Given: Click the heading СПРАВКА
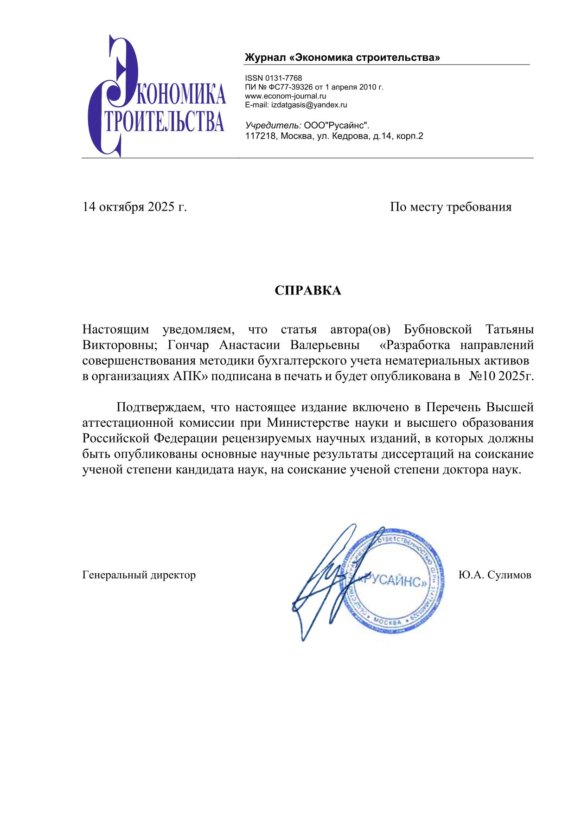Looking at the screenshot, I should point(307,290).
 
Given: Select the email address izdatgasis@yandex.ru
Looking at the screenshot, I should point(309,105).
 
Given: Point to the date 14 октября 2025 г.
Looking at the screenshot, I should point(134,206).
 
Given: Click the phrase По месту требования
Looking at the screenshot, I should point(450,206).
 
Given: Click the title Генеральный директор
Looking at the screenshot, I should point(139,575).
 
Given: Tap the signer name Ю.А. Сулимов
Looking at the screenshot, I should point(495,575).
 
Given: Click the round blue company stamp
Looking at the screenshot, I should point(394,582).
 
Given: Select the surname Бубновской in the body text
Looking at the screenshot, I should point(438,329).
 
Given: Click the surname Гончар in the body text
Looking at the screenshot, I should point(188,345).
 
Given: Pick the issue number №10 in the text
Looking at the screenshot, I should point(482,376).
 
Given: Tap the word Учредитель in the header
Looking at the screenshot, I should point(273,125).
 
